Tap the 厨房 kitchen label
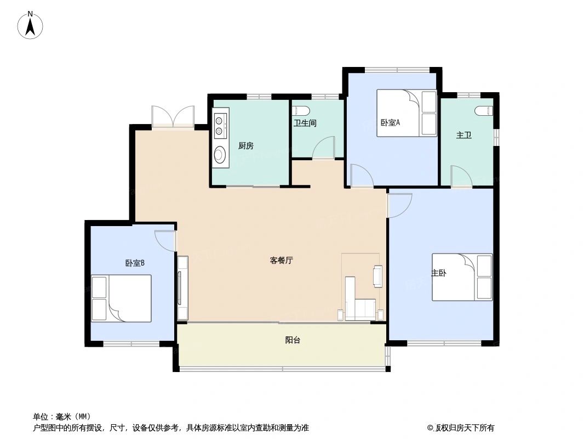pyautogui.click(x=245, y=146)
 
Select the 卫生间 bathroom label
pyautogui.click(x=305, y=123)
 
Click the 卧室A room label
pyautogui.click(x=390, y=122)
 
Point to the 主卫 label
pyautogui.click(x=463, y=134)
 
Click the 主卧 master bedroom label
pyautogui.click(x=438, y=273)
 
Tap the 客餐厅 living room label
pyautogui.click(x=282, y=261)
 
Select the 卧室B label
pyautogui.click(x=135, y=263)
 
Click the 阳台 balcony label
pyautogui.click(x=293, y=340)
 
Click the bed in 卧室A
pyautogui.click(x=406, y=113)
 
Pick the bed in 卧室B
pyautogui.click(x=122, y=298)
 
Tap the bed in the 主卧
pyautogui.click(x=462, y=277)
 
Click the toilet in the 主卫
pyautogui.click(x=484, y=110)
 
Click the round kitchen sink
pyautogui.click(x=220, y=154)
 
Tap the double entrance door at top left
pyautogui.click(x=173, y=116)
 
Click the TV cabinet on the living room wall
pyautogui.click(x=182, y=288)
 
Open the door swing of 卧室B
pyautogui.click(x=165, y=239)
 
